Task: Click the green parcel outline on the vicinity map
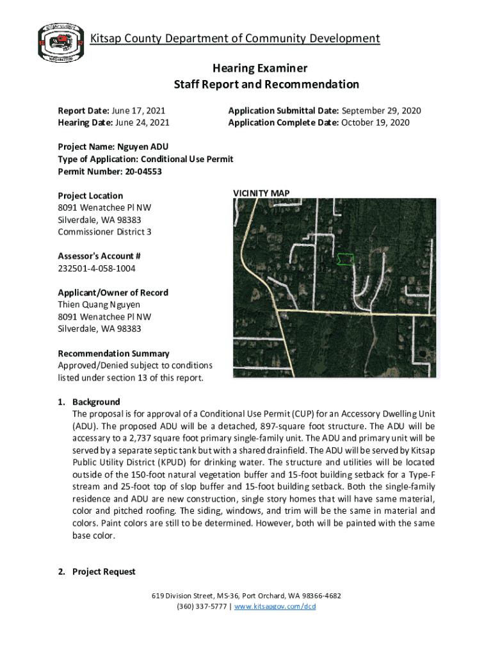346,259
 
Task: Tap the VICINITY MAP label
261,193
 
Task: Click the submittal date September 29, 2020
382,111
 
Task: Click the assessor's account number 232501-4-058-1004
97,268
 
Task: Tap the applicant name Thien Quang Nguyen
99,304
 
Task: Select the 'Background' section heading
96,402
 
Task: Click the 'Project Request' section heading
104,571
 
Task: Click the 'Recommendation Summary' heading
113,353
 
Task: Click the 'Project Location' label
90,195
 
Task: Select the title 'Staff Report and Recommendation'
266,85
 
